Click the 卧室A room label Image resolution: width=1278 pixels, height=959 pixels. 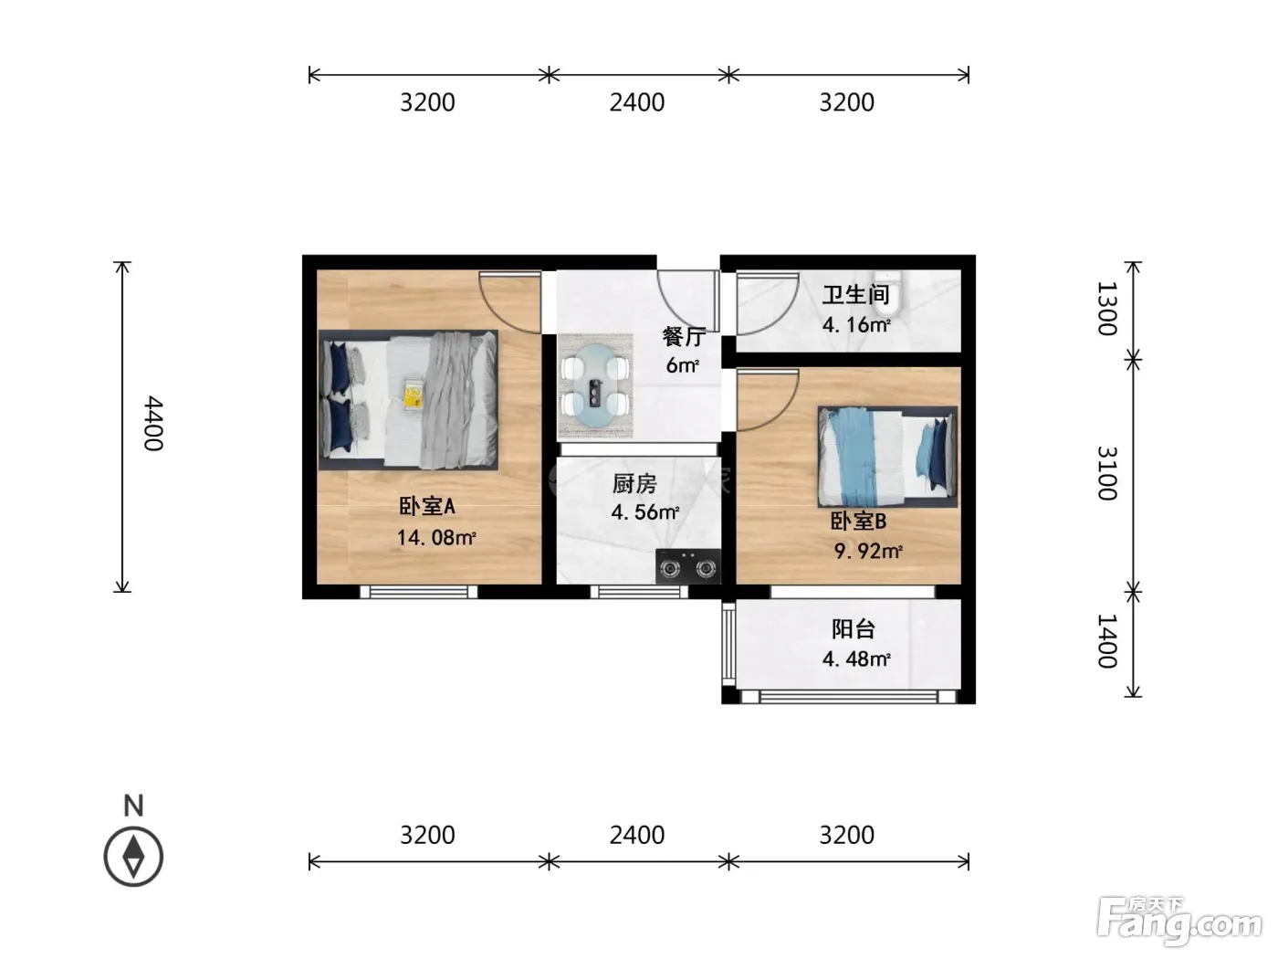click(x=427, y=506)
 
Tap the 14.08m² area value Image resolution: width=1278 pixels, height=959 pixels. click(x=436, y=537)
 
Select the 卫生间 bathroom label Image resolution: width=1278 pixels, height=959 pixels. click(x=855, y=295)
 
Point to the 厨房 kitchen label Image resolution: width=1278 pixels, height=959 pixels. click(x=634, y=483)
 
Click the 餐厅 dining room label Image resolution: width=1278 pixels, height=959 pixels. click(x=684, y=336)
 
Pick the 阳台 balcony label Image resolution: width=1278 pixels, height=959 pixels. click(x=854, y=629)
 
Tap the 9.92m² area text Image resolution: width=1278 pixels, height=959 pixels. click(x=868, y=551)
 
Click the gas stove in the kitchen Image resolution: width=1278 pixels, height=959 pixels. click(x=687, y=566)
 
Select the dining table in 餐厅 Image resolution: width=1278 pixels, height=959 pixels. click(x=595, y=385)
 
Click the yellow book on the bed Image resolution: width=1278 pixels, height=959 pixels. click(x=414, y=395)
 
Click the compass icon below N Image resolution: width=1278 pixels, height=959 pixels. click(x=133, y=857)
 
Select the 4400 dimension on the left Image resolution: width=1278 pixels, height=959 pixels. click(x=153, y=423)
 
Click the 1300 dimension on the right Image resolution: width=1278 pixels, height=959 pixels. click(x=1106, y=309)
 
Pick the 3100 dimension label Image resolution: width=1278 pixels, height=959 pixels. click(x=1106, y=473)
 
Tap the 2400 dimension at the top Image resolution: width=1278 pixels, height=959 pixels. click(x=637, y=102)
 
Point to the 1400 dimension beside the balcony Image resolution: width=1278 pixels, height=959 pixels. click(x=1106, y=641)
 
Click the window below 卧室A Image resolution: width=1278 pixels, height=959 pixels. click(x=419, y=592)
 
